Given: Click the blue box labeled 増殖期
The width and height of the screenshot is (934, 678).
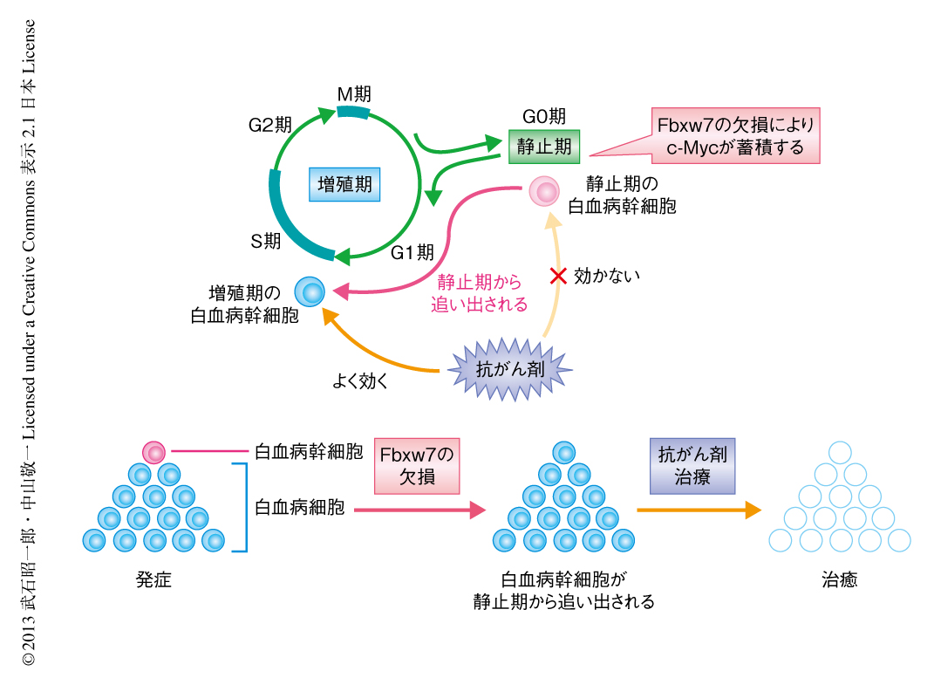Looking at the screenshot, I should click(x=345, y=185).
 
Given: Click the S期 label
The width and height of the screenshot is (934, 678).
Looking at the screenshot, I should click(x=265, y=242).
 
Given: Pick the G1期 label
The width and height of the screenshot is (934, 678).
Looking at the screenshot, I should click(x=412, y=253).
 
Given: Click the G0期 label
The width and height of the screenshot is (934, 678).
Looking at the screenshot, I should click(x=543, y=116).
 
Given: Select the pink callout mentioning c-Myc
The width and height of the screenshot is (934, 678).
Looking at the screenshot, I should click(x=736, y=135).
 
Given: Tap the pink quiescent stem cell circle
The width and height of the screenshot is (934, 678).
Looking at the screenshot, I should click(x=546, y=190).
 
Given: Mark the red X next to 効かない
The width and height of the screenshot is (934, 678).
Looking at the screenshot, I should click(x=558, y=277).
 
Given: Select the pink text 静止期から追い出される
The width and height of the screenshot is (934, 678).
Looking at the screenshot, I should click(x=481, y=293).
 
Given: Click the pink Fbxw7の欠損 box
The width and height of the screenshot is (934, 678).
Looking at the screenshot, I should click(x=416, y=466).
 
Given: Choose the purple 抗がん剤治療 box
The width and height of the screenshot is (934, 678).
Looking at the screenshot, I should click(x=692, y=466).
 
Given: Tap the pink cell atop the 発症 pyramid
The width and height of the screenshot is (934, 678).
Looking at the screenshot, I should click(x=154, y=453).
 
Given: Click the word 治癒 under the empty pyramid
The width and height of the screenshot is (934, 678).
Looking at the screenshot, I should click(x=839, y=579).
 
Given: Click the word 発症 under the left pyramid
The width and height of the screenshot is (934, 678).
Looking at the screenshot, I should click(x=153, y=579).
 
